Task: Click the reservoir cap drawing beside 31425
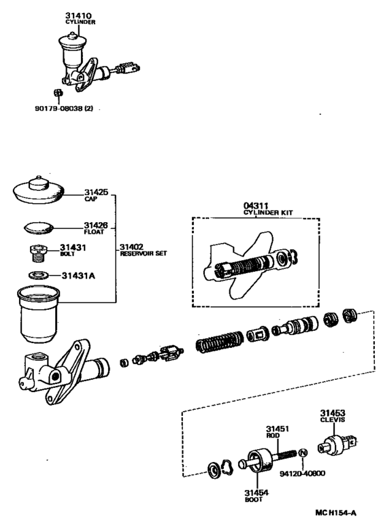pyautogui.click(x=38, y=190)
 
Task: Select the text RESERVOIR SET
pyautogui.click(x=143, y=253)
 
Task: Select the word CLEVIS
pyautogui.click(x=333, y=419)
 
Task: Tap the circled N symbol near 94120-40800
pyautogui.click(x=303, y=453)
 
